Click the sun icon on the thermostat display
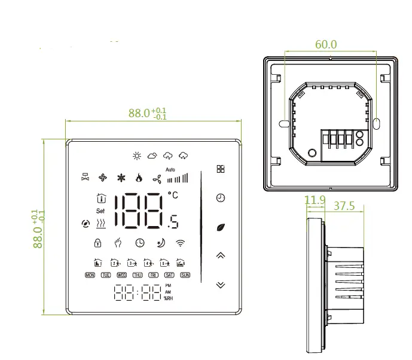click(x=137, y=156)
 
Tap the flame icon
click(x=139, y=178)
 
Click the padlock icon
click(x=97, y=243)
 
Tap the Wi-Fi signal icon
click(x=180, y=243)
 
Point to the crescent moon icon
click(x=160, y=243)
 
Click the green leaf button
click(x=221, y=227)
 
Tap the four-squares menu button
click(x=221, y=169)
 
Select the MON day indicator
click(x=90, y=275)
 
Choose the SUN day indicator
click(x=185, y=275)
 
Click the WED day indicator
click(x=121, y=275)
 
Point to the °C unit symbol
click(x=173, y=195)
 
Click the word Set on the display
click(x=100, y=211)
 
